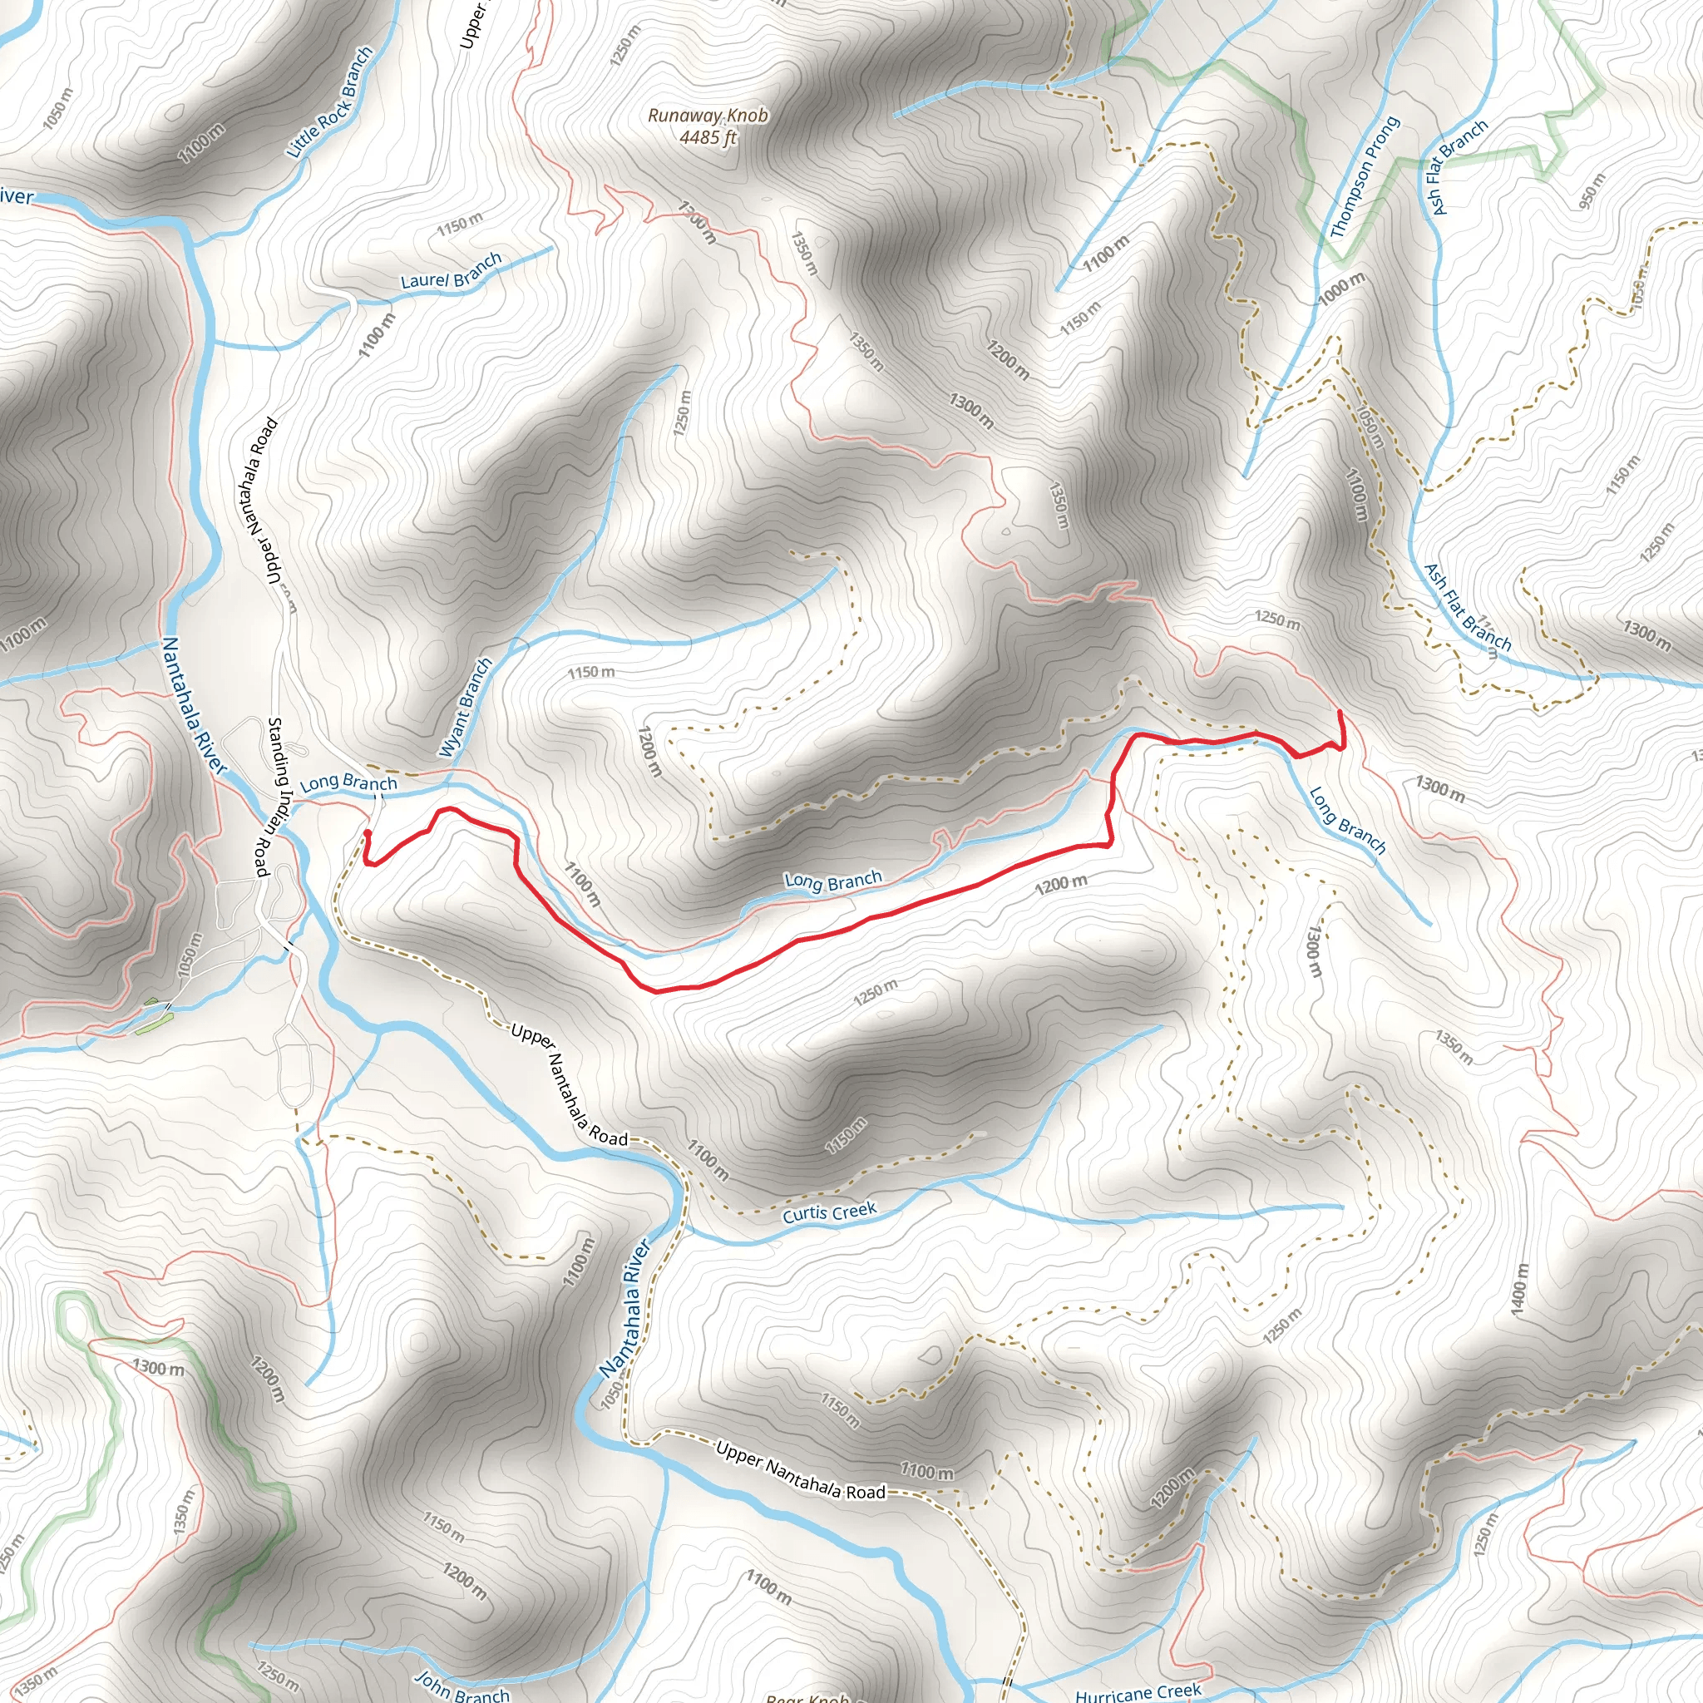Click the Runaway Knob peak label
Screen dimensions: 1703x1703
(708, 116)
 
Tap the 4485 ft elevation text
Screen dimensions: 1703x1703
(708, 137)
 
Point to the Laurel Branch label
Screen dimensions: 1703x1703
(452, 270)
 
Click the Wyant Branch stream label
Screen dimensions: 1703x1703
(466, 708)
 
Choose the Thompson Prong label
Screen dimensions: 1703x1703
(1365, 177)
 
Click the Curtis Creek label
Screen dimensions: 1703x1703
(829, 1213)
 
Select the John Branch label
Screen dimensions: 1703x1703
(462, 1687)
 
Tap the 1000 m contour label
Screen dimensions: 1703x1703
(1340, 289)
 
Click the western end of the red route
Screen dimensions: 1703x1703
(366, 832)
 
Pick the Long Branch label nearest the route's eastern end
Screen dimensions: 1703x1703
(1347, 822)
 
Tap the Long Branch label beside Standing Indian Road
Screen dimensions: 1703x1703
(348, 782)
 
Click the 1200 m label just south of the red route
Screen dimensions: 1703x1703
(1061, 883)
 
